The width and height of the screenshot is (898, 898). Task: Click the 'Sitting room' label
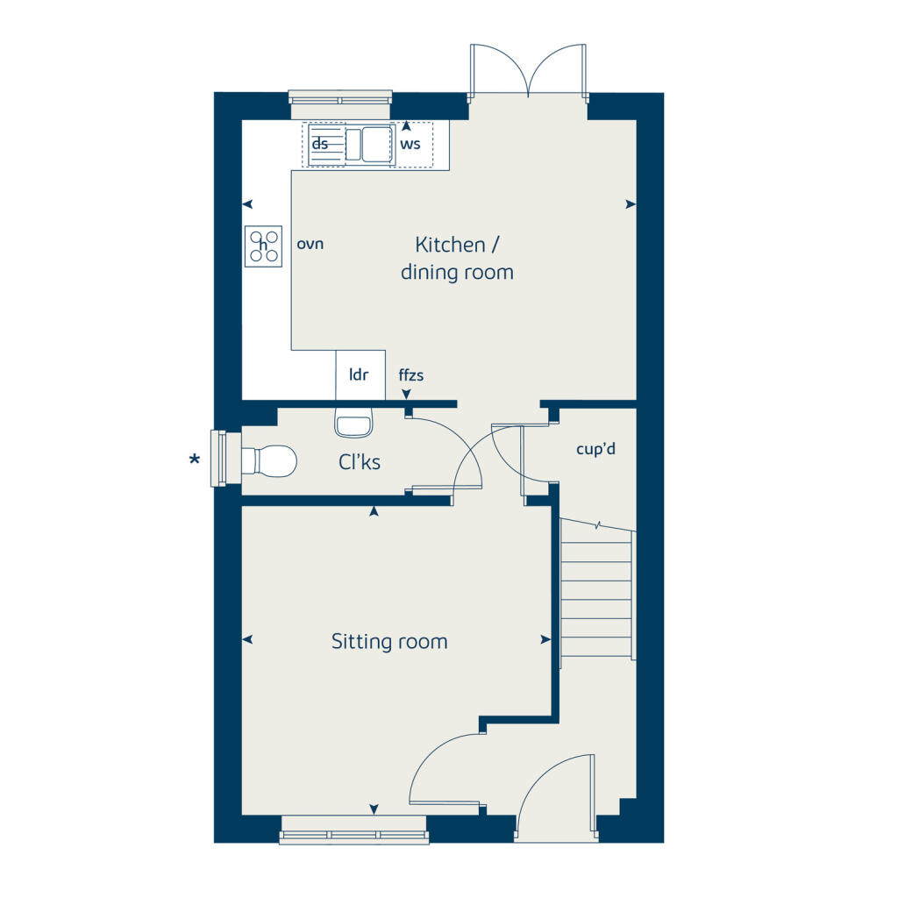click(x=389, y=642)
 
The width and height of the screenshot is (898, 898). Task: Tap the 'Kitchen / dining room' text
click(x=457, y=258)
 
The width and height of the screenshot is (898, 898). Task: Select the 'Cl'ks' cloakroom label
click(x=360, y=461)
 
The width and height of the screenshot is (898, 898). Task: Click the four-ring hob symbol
click(x=264, y=246)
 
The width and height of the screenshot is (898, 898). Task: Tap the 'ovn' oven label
click(x=310, y=244)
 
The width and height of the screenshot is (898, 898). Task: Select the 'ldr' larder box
click(x=360, y=374)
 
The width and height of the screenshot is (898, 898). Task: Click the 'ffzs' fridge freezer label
click(x=411, y=375)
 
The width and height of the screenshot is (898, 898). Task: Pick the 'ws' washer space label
click(x=410, y=143)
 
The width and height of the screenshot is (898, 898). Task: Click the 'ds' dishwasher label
click(x=321, y=144)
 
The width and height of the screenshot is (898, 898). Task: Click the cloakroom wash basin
click(x=353, y=424)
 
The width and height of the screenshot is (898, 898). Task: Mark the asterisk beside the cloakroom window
click(x=195, y=460)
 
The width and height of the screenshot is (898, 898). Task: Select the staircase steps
click(x=597, y=592)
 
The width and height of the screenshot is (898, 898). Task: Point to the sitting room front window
click(x=354, y=830)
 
